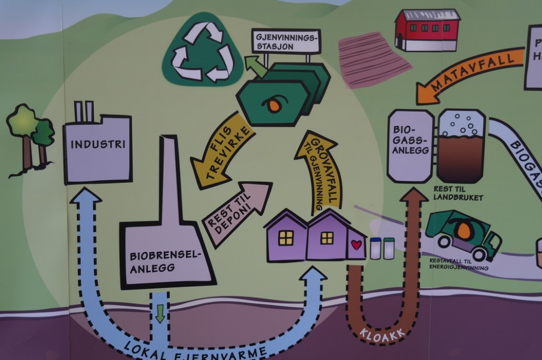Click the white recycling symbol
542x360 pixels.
[203, 52]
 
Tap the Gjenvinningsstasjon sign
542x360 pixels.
[286, 41]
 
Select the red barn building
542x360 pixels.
[427, 30]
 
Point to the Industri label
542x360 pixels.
[98, 144]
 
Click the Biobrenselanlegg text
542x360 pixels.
[166, 262]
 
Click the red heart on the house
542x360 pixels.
[356, 245]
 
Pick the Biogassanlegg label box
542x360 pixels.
[410, 146]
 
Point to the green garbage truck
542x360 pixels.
[463, 235]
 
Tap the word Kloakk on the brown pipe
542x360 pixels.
[383, 333]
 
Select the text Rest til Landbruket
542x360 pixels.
[458, 193]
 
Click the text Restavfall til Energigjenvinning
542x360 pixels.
[458, 264]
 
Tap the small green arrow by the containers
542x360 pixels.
[255, 66]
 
